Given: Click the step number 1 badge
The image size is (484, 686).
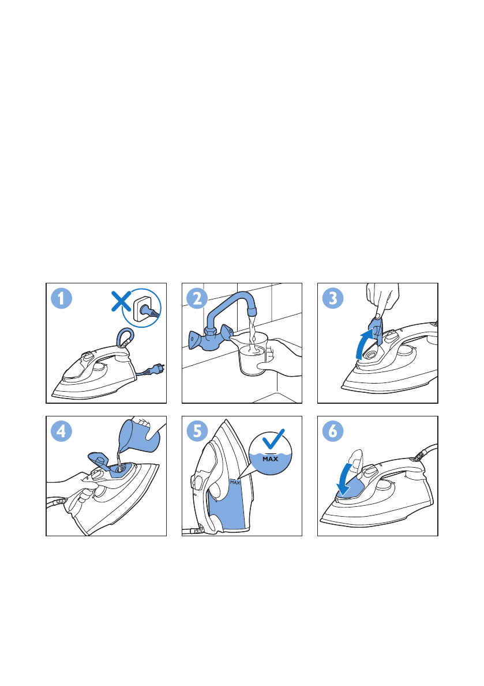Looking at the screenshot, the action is tap(61, 298).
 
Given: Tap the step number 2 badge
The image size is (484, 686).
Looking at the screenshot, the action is tap(197, 298).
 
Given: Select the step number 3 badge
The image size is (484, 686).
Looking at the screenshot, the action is tap(333, 298).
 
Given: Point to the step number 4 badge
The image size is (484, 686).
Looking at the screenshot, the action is tap(61, 431).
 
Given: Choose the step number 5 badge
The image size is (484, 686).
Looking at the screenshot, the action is tap(197, 431).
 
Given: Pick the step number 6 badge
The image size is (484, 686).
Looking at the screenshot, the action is tap(333, 431).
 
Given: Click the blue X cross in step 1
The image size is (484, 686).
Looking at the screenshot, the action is tap(121, 302).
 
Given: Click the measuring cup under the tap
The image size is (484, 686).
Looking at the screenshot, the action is tap(252, 354).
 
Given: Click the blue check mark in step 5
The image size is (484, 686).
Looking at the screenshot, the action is tap(273, 438).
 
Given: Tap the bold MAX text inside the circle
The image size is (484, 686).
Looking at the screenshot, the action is tap(270, 459).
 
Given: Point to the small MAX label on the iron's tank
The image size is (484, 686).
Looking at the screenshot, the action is tap(235, 483).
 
